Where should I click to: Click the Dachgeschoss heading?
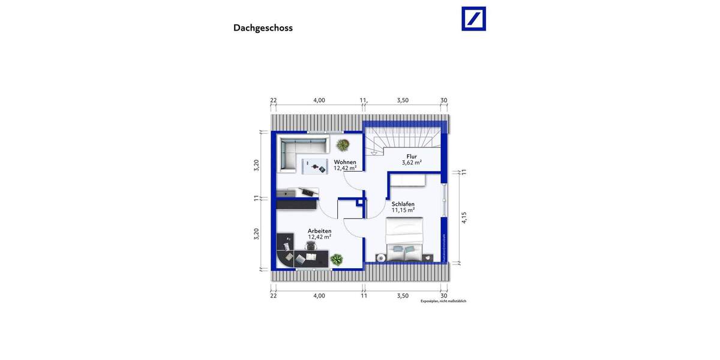tap(263, 28)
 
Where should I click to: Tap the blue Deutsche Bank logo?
tap(473, 19)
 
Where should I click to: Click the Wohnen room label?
tap(345, 163)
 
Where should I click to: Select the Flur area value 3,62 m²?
tap(412, 163)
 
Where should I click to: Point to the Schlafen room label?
tap(403, 204)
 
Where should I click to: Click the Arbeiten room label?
tap(319, 230)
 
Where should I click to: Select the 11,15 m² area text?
tap(403, 211)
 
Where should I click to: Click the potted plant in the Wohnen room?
tap(343, 145)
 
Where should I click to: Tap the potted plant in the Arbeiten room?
tap(337, 259)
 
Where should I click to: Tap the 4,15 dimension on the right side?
tap(464, 218)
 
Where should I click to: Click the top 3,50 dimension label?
tap(403, 100)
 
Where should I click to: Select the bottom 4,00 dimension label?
tap(319, 295)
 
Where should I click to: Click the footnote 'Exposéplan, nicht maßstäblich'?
tap(443, 301)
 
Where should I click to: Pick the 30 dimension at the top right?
tap(444, 100)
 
